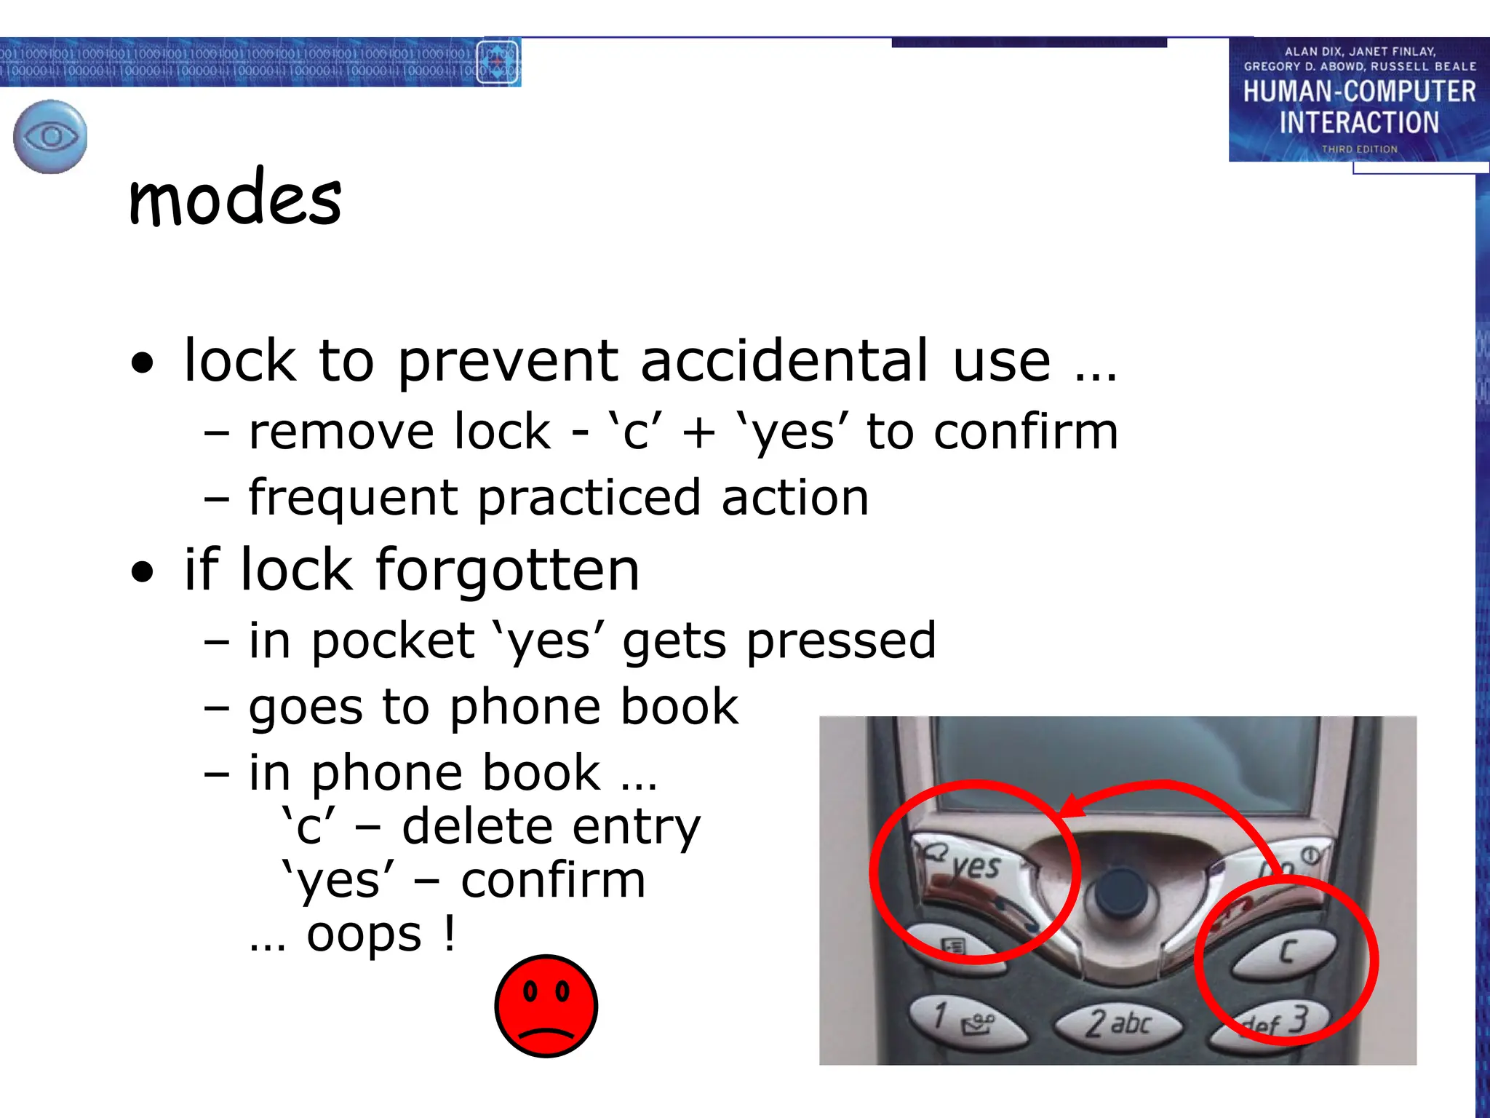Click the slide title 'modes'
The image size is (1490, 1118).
[x=235, y=198]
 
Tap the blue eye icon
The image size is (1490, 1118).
[x=50, y=137]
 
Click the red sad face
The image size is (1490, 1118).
[x=546, y=1006]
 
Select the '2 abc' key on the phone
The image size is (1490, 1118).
[x=1118, y=1023]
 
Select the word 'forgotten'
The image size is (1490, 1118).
[x=507, y=570]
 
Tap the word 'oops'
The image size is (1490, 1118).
[x=364, y=935]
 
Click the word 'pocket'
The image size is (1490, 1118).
[x=393, y=641]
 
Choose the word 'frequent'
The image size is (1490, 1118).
[x=352, y=499]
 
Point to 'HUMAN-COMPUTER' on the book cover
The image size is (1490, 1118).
[x=1359, y=92]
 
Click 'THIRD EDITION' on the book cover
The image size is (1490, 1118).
[x=1359, y=149]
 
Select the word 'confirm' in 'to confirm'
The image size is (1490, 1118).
[x=1026, y=432]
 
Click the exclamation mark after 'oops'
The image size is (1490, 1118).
[x=450, y=933]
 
